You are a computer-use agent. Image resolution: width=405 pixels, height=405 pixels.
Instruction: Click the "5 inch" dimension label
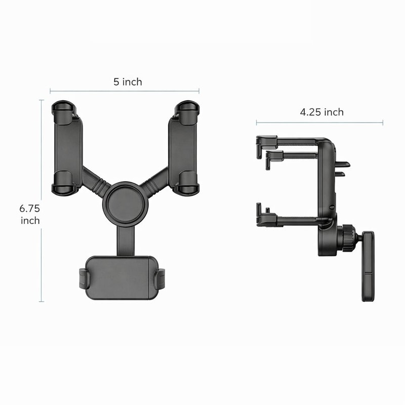[128, 82]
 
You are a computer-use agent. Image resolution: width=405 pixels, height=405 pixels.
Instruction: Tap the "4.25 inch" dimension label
[321, 112]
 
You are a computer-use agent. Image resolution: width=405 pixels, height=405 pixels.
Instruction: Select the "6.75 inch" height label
[30, 214]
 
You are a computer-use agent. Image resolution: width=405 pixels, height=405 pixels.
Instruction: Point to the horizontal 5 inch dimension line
[125, 92]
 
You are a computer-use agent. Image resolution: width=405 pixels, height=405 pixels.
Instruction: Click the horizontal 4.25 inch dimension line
[319, 123]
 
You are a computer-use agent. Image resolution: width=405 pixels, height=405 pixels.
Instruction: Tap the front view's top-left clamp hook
[64, 112]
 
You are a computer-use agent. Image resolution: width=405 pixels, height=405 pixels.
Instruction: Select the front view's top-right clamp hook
[187, 112]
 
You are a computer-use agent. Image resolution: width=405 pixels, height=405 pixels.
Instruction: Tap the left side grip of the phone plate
[83, 279]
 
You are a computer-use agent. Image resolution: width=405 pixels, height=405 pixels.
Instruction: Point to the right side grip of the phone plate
[160, 279]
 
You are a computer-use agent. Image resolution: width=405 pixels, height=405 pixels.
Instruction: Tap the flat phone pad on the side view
[368, 266]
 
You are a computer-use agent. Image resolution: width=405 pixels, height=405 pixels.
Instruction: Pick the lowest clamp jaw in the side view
[267, 218]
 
